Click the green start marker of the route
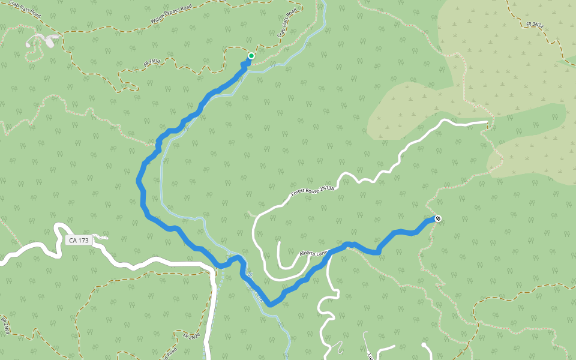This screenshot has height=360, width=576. point(251,56)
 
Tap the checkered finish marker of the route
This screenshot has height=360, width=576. point(439,218)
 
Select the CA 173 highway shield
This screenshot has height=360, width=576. point(79,241)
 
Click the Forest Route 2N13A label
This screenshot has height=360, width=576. point(311,191)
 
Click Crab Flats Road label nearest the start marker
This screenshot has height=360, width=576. point(287,24)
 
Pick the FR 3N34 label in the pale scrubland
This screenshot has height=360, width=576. point(535,26)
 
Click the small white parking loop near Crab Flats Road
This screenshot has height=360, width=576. point(42,41)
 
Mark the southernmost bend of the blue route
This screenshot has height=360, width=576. point(271,304)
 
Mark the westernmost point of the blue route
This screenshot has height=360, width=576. point(139,178)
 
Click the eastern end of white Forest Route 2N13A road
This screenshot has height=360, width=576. point(487,122)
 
